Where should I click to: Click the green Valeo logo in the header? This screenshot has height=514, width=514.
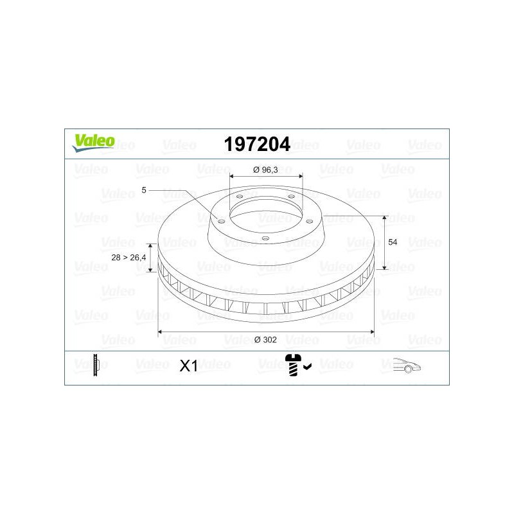coord(94,143)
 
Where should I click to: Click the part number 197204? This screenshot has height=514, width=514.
coord(257,144)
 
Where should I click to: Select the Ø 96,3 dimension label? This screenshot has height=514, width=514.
coord(265,170)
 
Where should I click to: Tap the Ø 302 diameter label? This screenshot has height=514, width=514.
coord(265,340)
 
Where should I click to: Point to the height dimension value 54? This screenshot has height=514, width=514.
coord(393,242)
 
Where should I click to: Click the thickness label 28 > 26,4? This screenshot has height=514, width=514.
coord(128,258)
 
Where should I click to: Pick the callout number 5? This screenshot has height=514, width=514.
coord(143,190)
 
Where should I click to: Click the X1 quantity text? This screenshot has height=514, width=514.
coord(188,366)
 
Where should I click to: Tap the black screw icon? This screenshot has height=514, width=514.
coord(294,365)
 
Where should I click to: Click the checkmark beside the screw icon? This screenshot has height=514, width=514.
coord(308,367)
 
